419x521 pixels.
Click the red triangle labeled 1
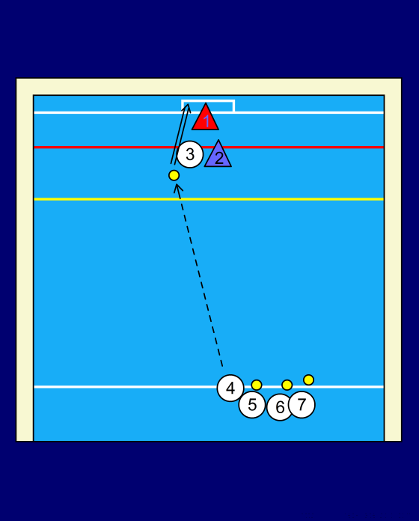206,119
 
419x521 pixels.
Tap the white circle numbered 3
190,154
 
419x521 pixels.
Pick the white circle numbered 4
230,388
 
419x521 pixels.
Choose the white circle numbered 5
252,405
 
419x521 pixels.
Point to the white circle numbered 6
280,407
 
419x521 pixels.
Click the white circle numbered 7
302,405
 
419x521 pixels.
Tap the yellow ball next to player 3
174,175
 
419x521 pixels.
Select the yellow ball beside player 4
257,385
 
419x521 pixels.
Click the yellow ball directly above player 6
287,385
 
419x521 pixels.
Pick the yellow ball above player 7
308,380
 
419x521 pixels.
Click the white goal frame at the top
208,100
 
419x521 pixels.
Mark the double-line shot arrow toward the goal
180,134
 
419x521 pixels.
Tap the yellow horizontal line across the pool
209,199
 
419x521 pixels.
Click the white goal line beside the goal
309,112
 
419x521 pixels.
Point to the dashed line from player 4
200,275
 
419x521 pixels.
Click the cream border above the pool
209,87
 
